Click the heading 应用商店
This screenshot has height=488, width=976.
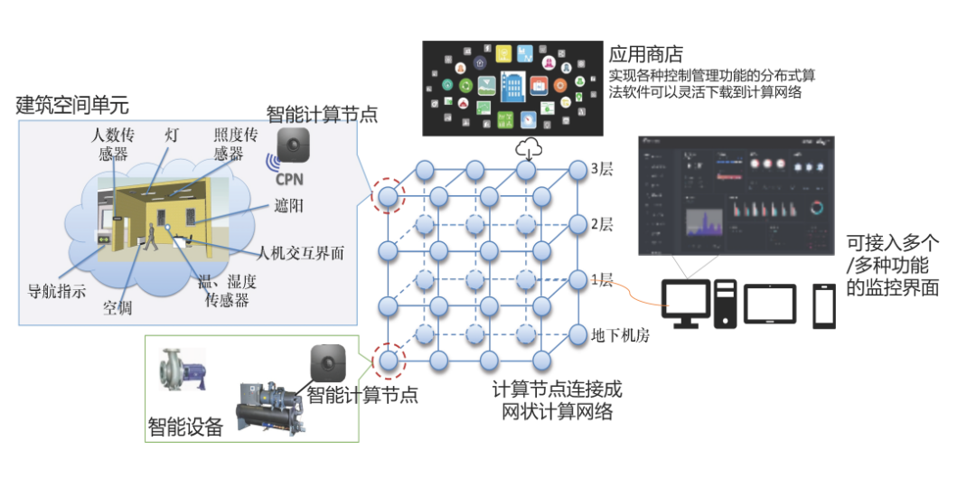tap(644, 54)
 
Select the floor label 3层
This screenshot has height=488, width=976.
tap(602, 169)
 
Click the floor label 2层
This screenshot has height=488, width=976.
tap(602, 224)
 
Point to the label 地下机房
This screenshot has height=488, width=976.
tap(620, 334)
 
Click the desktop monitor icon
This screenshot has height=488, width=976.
tap(686, 303)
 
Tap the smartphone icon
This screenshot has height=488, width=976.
tap(823, 305)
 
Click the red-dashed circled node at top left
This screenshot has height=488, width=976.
tap(388, 195)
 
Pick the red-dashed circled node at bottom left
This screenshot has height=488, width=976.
tap(388, 361)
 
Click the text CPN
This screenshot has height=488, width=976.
tap(289, 179)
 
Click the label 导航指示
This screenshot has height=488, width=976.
tap(57, 291)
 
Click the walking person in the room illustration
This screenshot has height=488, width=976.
tap(152, 237)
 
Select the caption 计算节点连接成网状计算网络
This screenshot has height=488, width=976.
tap(557, 400)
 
